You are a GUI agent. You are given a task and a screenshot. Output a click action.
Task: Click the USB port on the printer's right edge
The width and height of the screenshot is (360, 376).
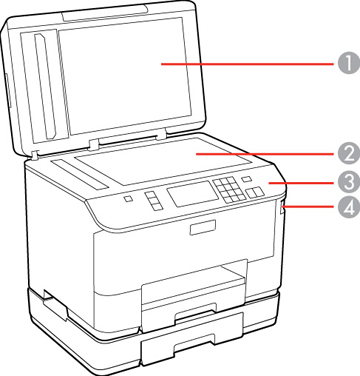(283, 210)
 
